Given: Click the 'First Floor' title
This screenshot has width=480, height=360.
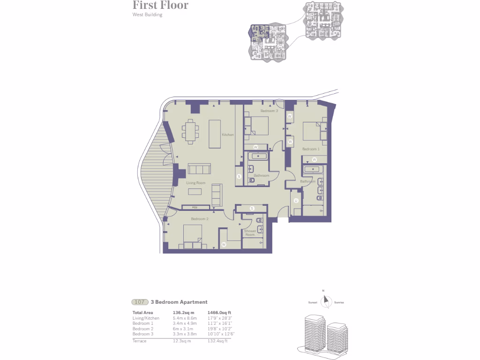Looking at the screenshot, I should (x=160, y=6).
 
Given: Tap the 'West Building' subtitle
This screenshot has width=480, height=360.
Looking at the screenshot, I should (x=147, y=15).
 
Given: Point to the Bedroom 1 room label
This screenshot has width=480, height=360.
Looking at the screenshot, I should (x=310, y=149).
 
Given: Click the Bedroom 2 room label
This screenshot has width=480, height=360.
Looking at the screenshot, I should (x=199, y=219).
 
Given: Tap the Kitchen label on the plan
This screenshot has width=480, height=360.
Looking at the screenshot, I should (x=228, y=135).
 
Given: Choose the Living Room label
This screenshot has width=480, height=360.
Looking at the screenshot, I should (x=196, y=183).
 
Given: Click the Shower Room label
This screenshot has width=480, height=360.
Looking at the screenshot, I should (x=250, y=232).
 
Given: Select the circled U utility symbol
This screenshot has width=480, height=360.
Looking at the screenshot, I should (x=296, y=201).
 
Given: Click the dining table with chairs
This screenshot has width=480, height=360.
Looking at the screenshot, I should (x=191, y=131).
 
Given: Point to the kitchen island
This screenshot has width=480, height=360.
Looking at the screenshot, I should (x=215, y=134).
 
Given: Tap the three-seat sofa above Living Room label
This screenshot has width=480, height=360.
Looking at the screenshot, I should (x=200, y=169).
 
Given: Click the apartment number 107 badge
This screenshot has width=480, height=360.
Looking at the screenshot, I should (x=140, y=302).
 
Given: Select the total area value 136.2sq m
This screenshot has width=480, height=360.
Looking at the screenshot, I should (x=183, y=313).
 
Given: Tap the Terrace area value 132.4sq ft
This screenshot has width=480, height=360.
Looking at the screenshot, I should (x=219, y=341).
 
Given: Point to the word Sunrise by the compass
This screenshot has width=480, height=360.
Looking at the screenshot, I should (x=339, y=302).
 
